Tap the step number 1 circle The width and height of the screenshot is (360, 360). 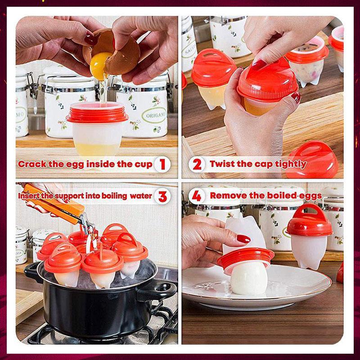[162, 164]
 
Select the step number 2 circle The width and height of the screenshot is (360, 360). [197, 164]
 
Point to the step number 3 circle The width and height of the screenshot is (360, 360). [163, 196]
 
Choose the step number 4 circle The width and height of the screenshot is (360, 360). [196, 196]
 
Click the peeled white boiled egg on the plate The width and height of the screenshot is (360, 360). [249, 279]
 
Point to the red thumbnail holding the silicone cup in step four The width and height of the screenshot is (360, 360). [243, 239]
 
